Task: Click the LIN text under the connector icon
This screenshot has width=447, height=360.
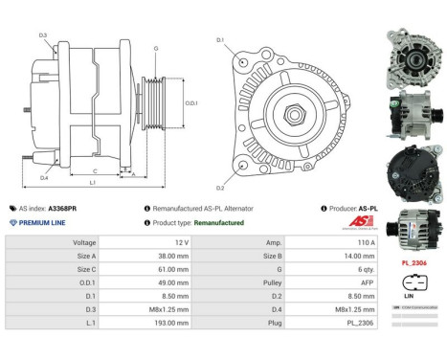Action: point(413,298)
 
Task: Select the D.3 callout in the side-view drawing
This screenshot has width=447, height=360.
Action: point(44,35)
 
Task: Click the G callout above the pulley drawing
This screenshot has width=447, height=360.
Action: point(156,47)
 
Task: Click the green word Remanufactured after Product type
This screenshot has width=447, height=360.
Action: point(218,222)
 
